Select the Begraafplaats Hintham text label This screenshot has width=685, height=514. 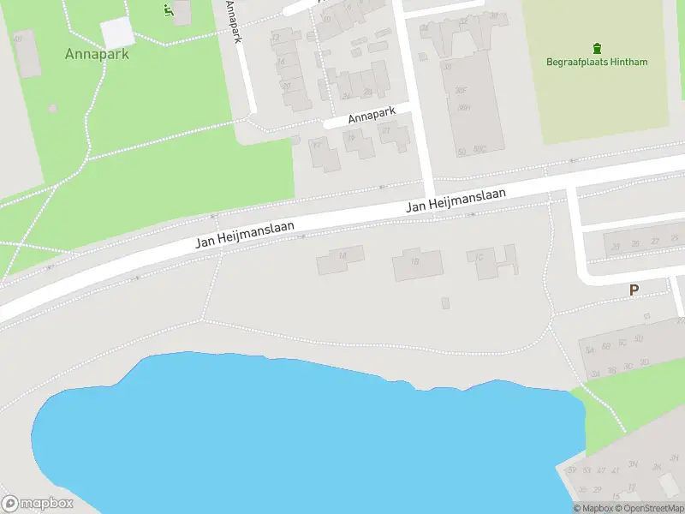point(597,62)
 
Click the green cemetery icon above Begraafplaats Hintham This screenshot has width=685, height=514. point(597,47)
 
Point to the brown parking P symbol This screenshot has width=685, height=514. point(634,290)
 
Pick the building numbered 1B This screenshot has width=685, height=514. point(417,265)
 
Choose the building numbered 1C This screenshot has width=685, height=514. point(485,260)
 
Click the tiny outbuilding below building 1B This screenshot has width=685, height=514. point(444,303)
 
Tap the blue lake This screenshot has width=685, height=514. point(300,437)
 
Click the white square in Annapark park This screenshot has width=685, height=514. point(117,33)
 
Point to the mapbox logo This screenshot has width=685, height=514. point(38,504)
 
